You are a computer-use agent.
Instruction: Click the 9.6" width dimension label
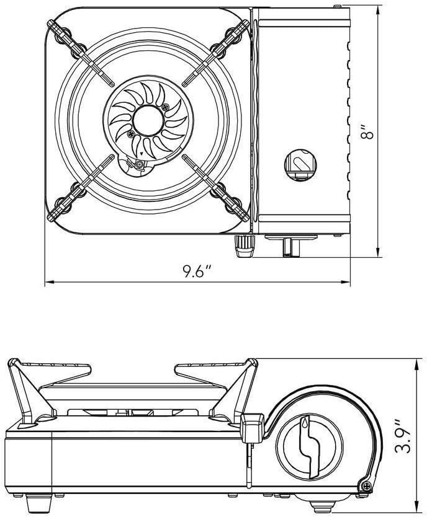(x=198, y=272)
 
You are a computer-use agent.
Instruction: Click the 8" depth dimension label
(x=371, y=132)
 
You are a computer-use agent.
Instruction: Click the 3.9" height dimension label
(x=407, y=438)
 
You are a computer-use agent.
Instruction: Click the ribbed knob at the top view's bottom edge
(x=244, y=246)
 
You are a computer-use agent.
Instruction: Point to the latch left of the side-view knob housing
(x=251, y=428)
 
